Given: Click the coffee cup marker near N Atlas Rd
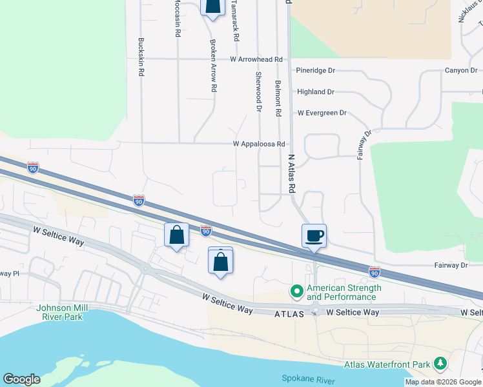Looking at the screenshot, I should pyautogui.click(x=314, y=235).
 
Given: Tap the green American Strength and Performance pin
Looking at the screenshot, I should pyautogui.click(x=297, y=292).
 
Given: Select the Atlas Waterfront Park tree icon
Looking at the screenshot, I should pyautogui.click(x=440, y=364).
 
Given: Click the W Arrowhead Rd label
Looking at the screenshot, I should pyautogui.click(x=256, y=59).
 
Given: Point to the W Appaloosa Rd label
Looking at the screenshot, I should pyautogui.click(x=259, y=144).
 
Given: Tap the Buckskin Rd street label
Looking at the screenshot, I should pyautogui.click(x=140, y=57).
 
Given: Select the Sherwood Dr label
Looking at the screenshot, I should pyautogui.click(x=258, y=92).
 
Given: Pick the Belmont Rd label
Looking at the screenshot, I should pyautogui.click(x=278, y=98).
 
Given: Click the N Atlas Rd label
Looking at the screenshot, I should pyautogui.click(x=291, y=174).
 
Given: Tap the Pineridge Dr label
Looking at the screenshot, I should pyautogui.click(x=316, y=70).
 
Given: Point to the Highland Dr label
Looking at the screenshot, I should pyautogui.click(x=315, y=92).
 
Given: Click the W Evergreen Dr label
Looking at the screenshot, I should pyautogui.click(x=322, y=113).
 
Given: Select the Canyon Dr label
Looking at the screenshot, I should pyautogui.click(x=460, y=70).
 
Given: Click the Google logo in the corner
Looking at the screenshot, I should pyautogui.click(x=21, y=379).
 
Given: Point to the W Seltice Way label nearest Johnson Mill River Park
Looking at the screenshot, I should pyautogui.click(x=59, y=233).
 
